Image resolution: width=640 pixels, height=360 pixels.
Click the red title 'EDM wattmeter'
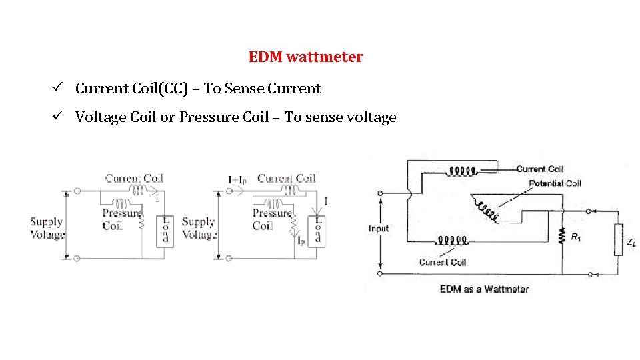click(305, 57)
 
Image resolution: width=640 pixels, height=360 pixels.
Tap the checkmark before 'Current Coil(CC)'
click(59, 88)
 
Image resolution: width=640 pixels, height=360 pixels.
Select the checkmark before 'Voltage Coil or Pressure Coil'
click(59, 117)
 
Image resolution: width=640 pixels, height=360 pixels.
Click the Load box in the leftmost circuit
click(165, 231)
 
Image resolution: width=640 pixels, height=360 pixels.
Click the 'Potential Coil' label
click(555, 183)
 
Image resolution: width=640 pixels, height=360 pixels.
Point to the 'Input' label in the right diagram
click(379, 229)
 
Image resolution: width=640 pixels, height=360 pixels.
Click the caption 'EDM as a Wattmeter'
click(484, 289)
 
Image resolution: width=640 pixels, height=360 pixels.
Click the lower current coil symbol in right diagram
click(453, 239)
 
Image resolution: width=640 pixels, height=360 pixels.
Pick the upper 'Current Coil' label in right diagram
click(539, 169)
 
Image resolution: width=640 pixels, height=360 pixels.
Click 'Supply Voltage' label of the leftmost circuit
click(47, 228)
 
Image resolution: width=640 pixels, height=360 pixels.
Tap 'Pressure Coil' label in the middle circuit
click(271, 219)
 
